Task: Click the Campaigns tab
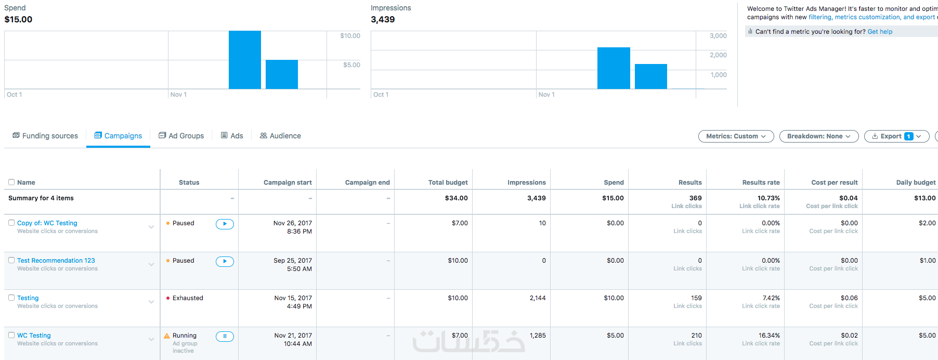tap(118, 136)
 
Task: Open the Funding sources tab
tap(45, 136)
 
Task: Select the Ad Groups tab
tap(181, 136)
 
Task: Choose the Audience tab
tap(280, 136)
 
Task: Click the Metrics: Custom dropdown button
tap(736, 136)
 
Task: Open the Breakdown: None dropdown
tap(818, 136)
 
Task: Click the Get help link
tap(880, 32)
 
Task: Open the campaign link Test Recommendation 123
tap(56, 261)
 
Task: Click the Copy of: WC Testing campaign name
tap(47, 223)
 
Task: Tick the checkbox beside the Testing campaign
tap(11, 298)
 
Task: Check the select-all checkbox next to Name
tap(11, 182)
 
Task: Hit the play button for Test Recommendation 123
tap(225, 262)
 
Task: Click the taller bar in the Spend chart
tap(245, 60)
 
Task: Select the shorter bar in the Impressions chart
tap(650, 76)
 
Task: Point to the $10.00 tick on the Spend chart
tap(350, 36)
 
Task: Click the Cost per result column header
tap(834, 183)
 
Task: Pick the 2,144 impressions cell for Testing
tap(538, 298)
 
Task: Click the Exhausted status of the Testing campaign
tap(188, 298)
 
